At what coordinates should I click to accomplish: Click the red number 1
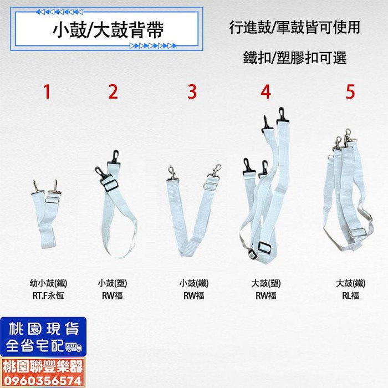click(47, 92)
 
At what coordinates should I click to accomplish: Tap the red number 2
click(113, 92)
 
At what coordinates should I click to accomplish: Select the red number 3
click(192, 92)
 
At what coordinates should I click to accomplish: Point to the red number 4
click(266, 92)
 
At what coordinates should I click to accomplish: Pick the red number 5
click(350, 92)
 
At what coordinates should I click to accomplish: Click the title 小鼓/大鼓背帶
click(108, 30)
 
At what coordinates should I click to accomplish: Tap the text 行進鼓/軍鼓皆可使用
click(294, 27)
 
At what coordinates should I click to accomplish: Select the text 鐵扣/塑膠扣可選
click(295, 58)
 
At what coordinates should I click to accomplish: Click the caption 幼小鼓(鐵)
click(49, 283)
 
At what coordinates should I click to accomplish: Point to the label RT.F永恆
click(48, 295)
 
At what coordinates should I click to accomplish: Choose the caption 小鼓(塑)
click(113, 283)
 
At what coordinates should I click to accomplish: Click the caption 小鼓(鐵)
click(194, 283)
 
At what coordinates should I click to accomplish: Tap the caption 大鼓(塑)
click(266, 283)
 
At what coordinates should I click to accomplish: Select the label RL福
click(351, 295)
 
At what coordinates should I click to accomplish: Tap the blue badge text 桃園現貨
click(44, 329)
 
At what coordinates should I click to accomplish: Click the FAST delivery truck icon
click(74, 347)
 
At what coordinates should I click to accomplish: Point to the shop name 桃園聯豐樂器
click(43, 367)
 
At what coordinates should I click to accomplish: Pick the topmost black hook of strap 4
click(282, 115)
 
